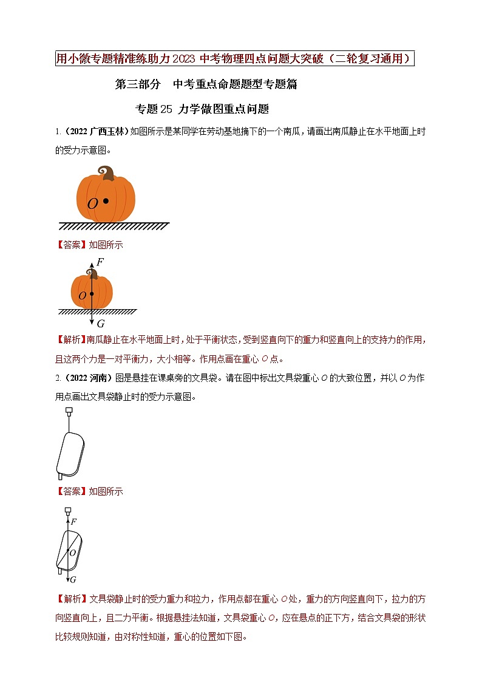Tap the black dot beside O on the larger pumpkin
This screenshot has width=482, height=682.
point(106,200)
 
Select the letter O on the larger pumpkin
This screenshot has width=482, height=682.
point(92,204)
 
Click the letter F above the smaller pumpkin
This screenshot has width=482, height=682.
point(100,262)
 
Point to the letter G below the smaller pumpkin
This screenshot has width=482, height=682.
point(101,324)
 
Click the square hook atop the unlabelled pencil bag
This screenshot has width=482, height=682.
point(68,412)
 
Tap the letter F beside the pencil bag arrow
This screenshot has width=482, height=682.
point(73,521)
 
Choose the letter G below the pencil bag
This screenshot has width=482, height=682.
point(73,580)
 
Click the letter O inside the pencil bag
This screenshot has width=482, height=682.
point(72,553)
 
